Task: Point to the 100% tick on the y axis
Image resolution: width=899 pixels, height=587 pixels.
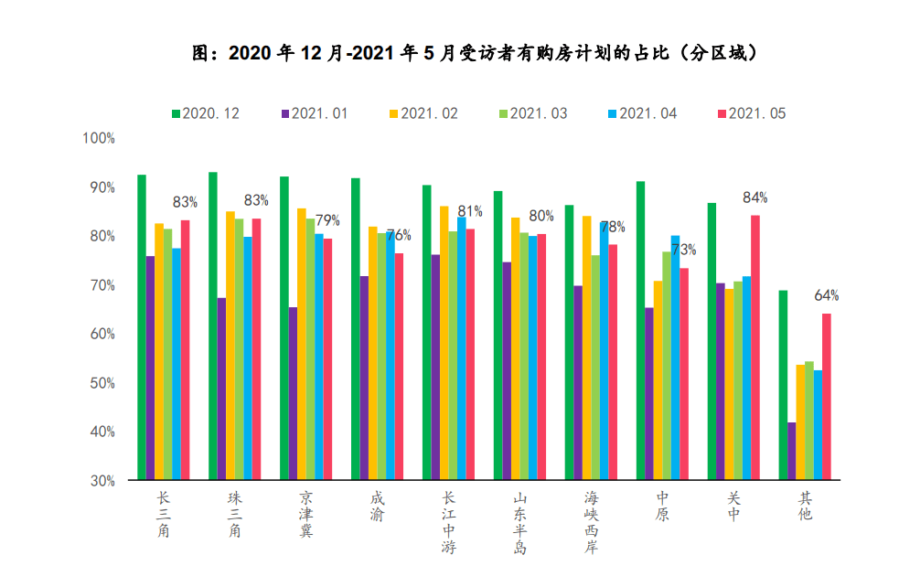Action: click(x=98, y=138)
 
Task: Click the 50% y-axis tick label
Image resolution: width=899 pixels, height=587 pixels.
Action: click(x=100, y=382)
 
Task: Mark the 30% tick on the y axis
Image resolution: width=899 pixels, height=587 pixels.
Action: click(x=100, y=480)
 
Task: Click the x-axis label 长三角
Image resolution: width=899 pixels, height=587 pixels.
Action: click(x=164, y=514)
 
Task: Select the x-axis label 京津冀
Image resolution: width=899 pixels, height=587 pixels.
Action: click(x=305, y=514)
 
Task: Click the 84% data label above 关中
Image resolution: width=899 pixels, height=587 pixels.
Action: click(x=755, y=197)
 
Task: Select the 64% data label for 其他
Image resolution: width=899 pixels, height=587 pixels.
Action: click(x=826, y=295)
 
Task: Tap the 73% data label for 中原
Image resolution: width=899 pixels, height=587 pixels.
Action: click(x=684, y=250)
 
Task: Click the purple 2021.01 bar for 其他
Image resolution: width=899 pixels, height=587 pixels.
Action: click(x=792, y=451)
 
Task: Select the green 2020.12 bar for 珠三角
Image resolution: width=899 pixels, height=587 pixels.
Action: click(x=213, y=326)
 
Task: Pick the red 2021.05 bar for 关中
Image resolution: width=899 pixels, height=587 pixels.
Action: click(x=755, y=347)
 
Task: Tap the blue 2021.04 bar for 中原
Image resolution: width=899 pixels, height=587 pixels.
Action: click(x=675, y=358)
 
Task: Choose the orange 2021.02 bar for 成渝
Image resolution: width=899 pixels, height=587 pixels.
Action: click(x=373, y=353)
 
